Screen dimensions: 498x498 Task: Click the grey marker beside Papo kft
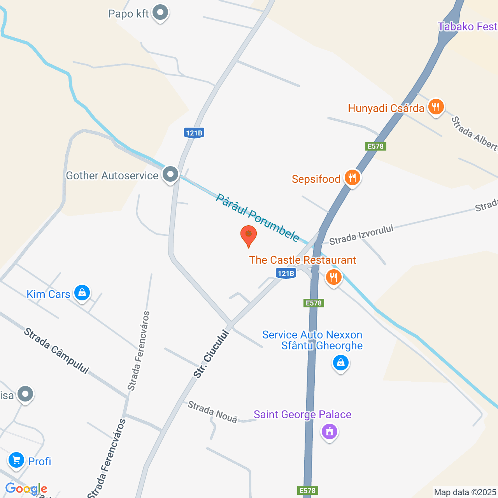click(160, 13)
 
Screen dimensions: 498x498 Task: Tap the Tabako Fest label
click(467, 27)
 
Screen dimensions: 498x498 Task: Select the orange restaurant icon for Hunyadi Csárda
click(436, 107)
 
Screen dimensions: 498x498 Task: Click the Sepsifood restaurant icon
click(352, 178)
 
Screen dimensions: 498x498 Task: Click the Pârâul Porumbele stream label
click(258, 218)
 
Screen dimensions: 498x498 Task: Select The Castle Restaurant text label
click(302, 260)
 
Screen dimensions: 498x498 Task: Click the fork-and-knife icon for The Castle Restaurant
click(333, 277)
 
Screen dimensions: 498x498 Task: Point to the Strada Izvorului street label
click(361, 235)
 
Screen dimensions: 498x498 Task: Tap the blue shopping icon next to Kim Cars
click(82, 292)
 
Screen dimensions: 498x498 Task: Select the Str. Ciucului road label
click(210, 354)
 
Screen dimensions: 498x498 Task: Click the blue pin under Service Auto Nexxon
click(341, 363)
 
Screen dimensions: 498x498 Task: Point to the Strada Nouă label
click(212, 412)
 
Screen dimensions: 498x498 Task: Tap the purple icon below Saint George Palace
click(330, 431)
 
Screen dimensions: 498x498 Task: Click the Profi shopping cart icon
click(16, 460)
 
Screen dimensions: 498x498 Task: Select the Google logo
click(26, 489)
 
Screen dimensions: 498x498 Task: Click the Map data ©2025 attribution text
click(465, 493)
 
